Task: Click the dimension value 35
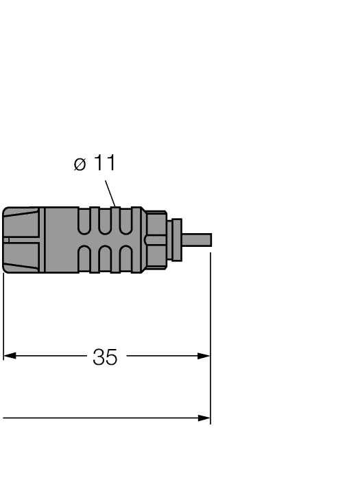[x=105, y=357]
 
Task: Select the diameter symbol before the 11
[x=80, y=165]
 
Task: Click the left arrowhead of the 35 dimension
[x=10, y=357]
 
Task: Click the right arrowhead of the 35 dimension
[x=204, y=357]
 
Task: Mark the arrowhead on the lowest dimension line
[x=204, y=418]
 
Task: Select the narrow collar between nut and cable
[x=176, y=240]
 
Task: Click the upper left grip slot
[x=84, y=223]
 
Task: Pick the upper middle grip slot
[x=105, y=223]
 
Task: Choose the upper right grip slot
[x=125, y=223]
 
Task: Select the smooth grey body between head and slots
[x=60, y=240]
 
